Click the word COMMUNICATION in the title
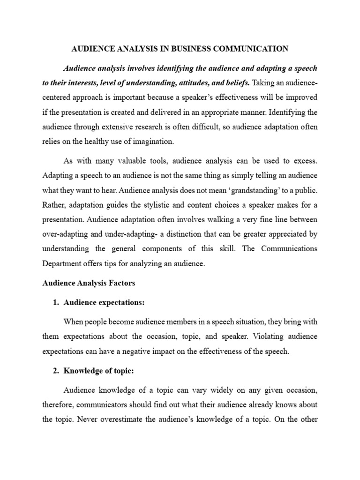252,48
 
